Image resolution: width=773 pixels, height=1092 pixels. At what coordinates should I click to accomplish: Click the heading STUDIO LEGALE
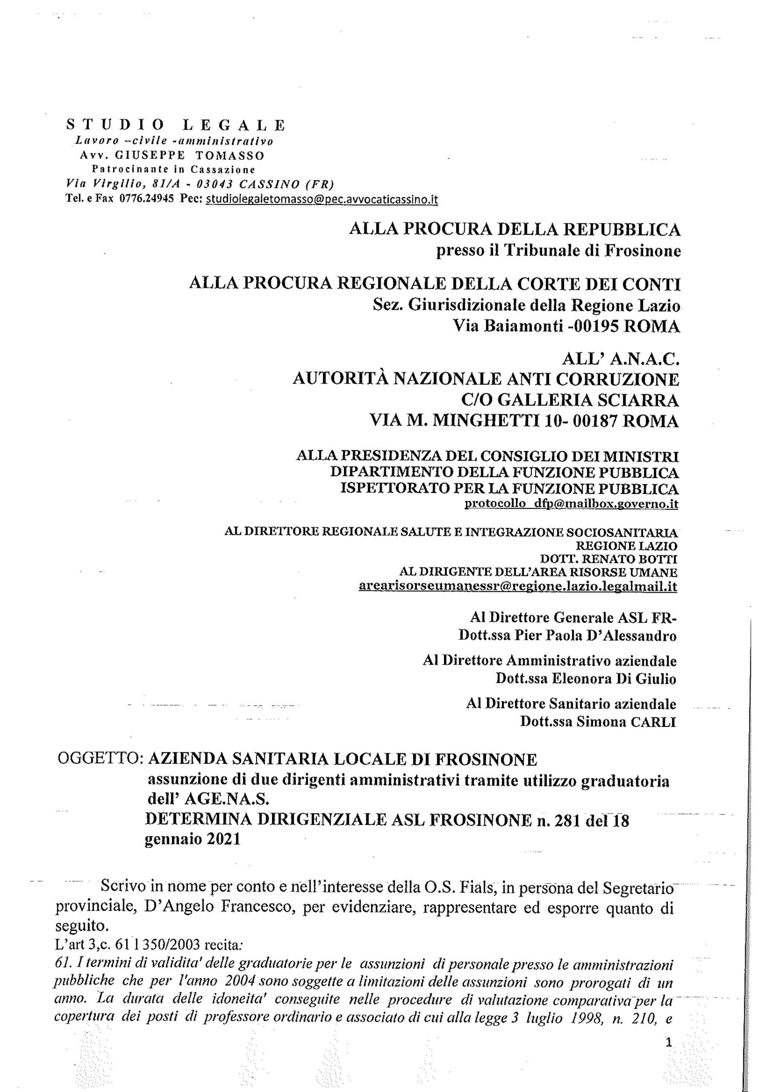[x=175, y=125]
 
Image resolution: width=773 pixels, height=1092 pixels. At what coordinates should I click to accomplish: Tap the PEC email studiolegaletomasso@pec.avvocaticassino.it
[x=321, y=200]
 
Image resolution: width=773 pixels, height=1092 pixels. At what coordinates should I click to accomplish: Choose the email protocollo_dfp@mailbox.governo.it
[x=571, y=504]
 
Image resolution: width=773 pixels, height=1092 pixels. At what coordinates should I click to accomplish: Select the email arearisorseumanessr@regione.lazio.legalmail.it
[x=518, y=587]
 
